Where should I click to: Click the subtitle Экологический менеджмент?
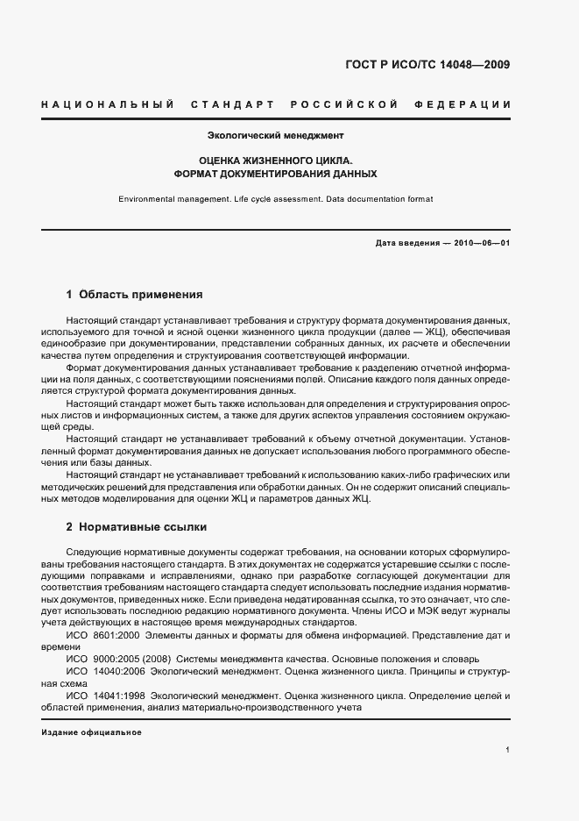pyautogui.click(x=275, y=136)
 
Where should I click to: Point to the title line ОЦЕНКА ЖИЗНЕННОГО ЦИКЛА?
pyautogui.click(x=275, y=161)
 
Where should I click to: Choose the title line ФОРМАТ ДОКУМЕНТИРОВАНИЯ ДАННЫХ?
pyautogui.click(x=275, y=174)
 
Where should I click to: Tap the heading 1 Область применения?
pyautogui.click(x=134, y=295)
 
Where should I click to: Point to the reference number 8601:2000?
pyautogui.click(x=115, y=633)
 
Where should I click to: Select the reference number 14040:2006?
pyautogui.click(x=120, y=671)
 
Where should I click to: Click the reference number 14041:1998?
pyautogui.click(x=120, y=696)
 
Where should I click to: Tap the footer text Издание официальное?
pyautogui.click(x=91, y=732)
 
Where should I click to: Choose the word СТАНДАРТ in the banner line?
pyautogui.click(x=232, y=105)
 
